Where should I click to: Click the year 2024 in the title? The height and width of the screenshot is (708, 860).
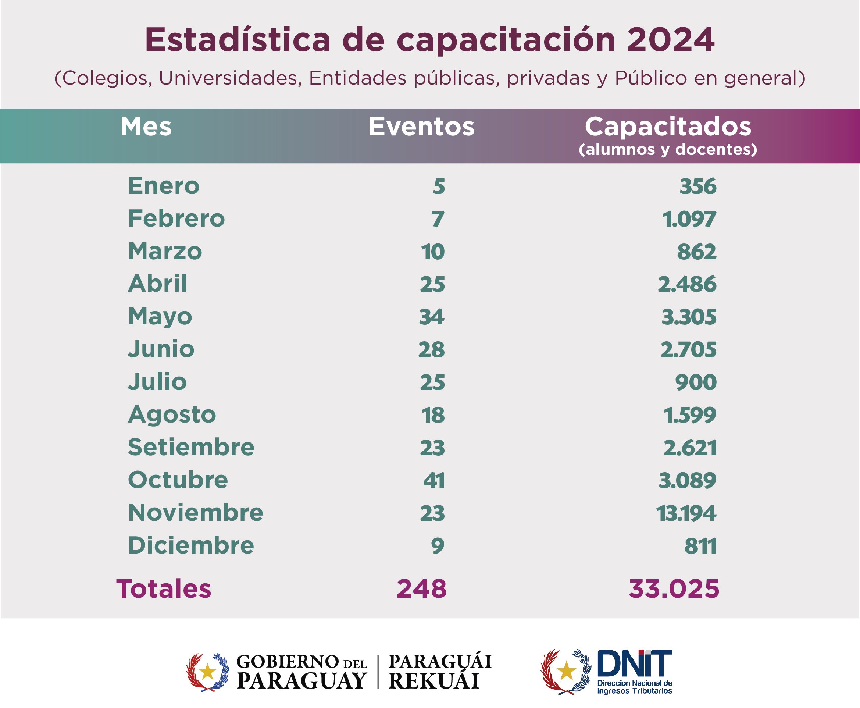[x=670, y=40]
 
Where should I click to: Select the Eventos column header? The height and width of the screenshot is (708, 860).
[x=421, y=127]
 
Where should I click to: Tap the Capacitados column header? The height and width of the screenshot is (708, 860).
[x=668, y=127]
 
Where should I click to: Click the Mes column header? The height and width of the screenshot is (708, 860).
[x=146, y=127]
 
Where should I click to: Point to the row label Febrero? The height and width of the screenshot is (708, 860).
[x=176, y=218]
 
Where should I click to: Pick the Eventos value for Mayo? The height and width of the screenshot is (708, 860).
[x=432, y=317]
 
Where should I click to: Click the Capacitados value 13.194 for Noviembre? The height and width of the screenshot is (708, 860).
[x=686, y=513]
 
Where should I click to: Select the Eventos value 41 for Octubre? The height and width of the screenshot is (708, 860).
[x=434, y=480]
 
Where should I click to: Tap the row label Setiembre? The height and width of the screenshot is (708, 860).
[x=191, y=447]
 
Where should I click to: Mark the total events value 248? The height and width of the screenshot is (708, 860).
[x=421, y=589]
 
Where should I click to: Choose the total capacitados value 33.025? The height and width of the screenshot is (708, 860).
[x=674, y=589]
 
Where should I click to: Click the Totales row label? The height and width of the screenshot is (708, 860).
[x=164, y=589]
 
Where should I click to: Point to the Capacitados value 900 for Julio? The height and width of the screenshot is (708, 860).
[x=696, y=383]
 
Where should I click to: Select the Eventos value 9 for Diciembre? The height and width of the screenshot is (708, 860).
[x=438, y=546]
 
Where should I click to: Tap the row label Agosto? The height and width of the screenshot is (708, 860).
[x=172, y=415]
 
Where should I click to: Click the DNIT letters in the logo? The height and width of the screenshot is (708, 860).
[x=634, y=663]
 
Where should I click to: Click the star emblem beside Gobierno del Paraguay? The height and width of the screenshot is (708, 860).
[x=208, y=672]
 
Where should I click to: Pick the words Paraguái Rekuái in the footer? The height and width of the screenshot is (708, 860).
[x=440, y=672]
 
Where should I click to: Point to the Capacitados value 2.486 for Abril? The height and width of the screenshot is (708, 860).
[x=687, y=284]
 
